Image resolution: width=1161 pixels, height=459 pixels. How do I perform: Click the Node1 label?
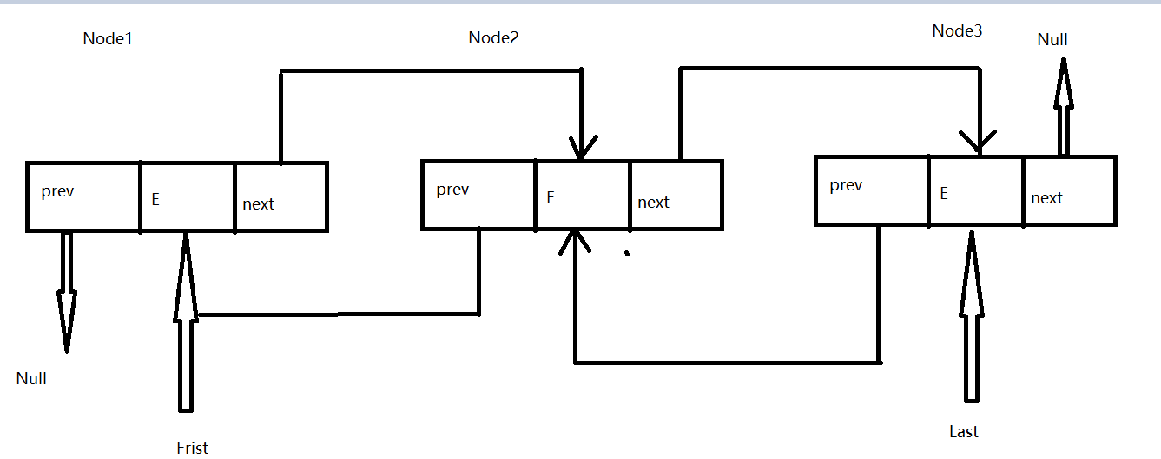coord(108,39)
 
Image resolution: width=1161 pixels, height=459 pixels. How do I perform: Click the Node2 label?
coord(493,37)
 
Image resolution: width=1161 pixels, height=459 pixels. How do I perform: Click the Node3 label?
coord(957,31)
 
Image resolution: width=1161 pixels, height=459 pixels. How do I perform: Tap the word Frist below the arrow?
coord(192,448)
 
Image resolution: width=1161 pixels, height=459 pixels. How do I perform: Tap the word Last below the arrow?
coord(963,431)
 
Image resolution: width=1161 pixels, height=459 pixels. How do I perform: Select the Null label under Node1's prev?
coord(31,378)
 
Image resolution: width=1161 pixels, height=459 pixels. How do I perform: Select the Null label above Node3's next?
coord(1052,39)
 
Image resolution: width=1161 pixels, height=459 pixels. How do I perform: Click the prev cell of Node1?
coord(83,196)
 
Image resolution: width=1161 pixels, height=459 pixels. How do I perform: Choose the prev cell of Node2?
coord(478,195)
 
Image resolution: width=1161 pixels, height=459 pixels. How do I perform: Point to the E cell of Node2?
coord(583,195)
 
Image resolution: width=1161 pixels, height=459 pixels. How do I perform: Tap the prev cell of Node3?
coord(872,190)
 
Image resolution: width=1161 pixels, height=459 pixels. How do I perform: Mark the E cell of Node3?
coord(976,190)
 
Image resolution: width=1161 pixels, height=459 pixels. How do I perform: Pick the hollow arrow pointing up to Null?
coord(1060,104)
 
